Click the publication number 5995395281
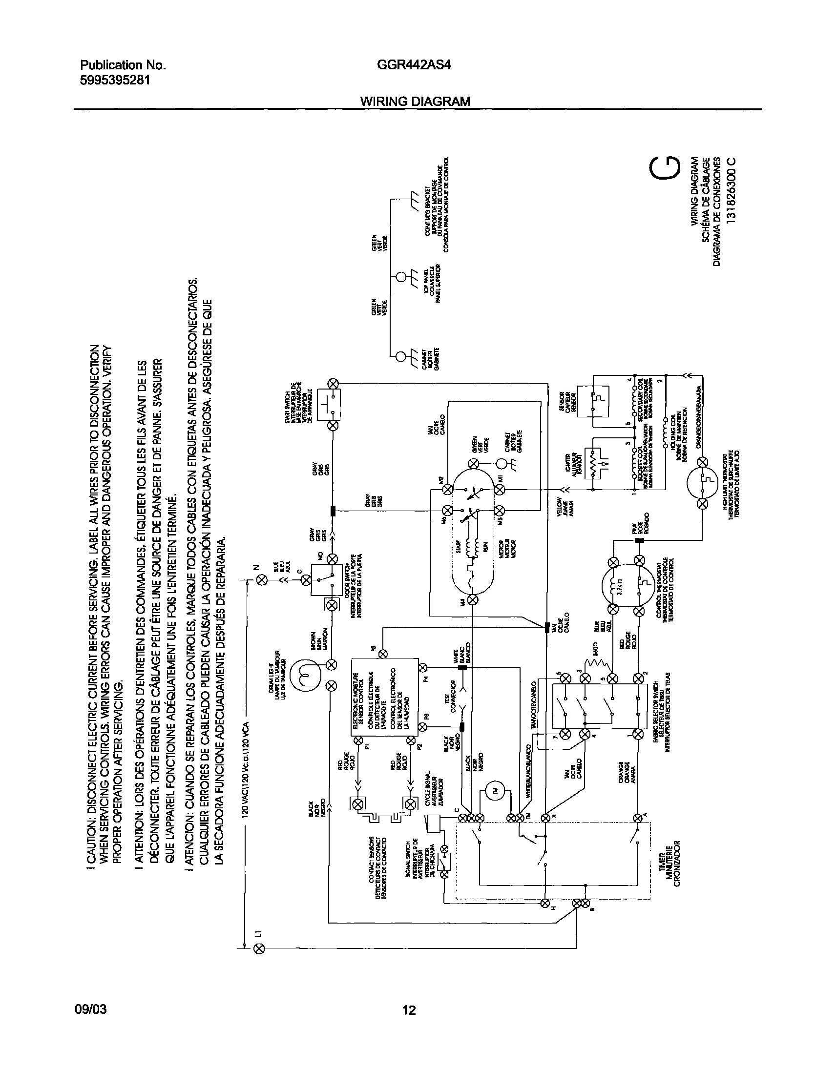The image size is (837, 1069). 115,80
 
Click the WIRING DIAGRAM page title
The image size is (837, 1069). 415,102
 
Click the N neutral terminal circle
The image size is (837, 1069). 262,580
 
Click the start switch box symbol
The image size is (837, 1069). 328,404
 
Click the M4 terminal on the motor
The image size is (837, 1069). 473,599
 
